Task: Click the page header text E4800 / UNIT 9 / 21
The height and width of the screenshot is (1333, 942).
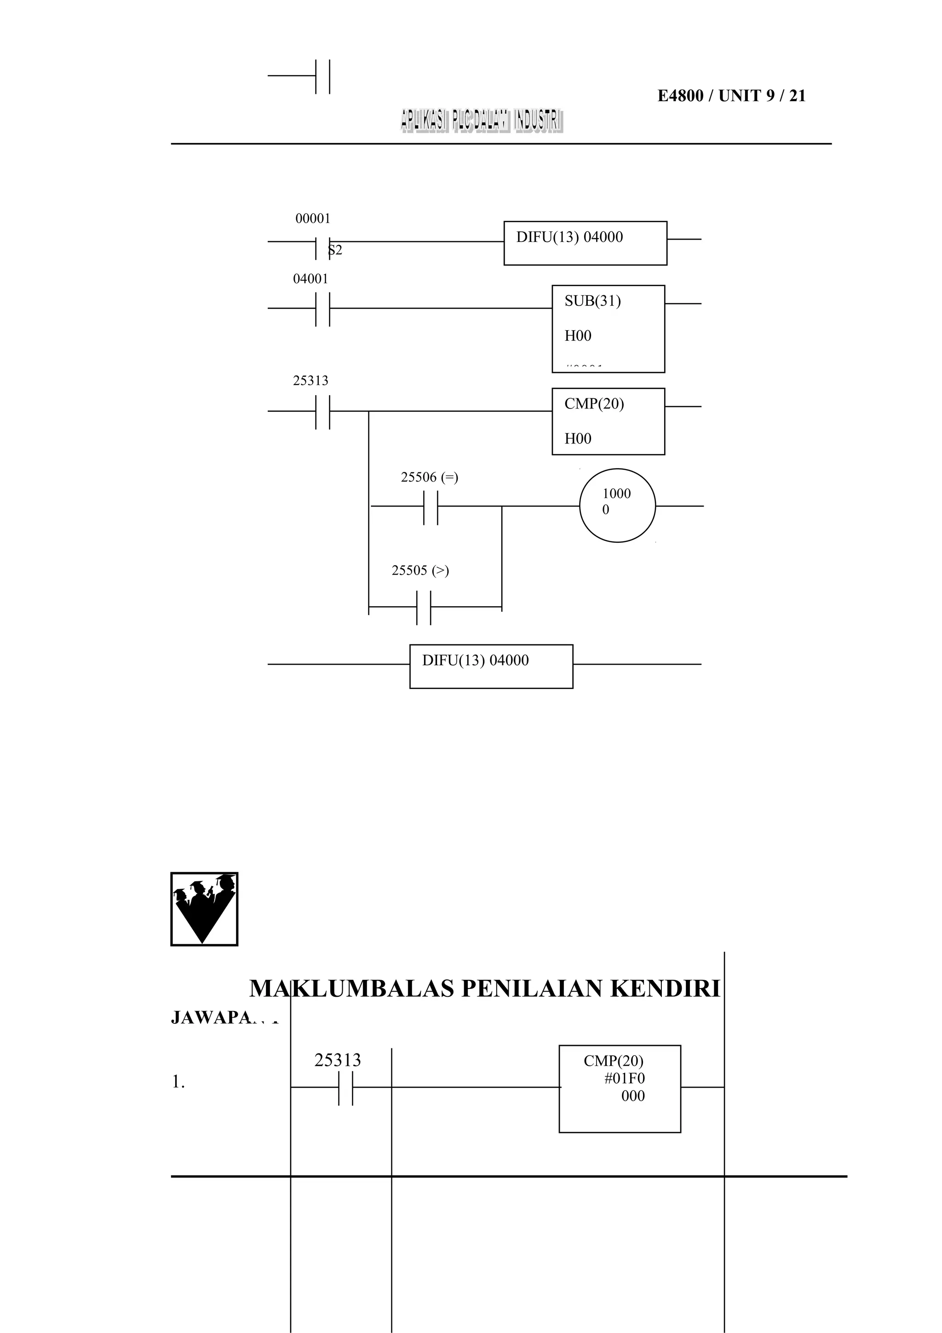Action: point(731,96)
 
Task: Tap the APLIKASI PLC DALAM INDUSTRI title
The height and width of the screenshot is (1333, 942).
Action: point(481,121)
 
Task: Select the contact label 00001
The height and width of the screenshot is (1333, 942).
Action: point(313,219)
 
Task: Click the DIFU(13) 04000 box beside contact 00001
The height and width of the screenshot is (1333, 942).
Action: point(585,243)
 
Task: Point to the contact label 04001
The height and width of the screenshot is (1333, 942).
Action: point(310,279)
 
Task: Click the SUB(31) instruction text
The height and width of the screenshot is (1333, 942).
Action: point(592,301)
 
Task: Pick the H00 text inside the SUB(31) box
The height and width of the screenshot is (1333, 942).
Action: point(578,336)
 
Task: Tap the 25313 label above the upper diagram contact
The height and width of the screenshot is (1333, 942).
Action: point(310,381)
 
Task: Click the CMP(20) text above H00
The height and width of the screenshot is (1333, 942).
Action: point(594,404)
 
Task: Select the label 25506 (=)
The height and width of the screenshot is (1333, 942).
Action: point(430,478)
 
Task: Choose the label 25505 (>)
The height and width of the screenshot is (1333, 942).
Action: point(420,571)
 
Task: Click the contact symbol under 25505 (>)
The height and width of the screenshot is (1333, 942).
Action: point(424,607)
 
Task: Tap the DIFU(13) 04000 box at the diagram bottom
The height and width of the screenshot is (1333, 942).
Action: point(491,666)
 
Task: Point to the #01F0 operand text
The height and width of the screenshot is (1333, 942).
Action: point(625,1079)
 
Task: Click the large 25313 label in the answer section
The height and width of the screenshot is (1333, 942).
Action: point(337,1061)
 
